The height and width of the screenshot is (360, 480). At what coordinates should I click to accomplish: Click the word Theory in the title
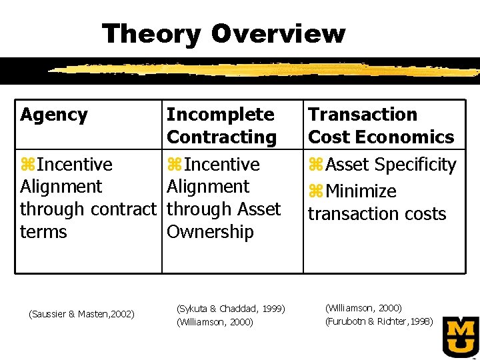point(151,34)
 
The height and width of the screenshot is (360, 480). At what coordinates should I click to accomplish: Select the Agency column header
point(54,115)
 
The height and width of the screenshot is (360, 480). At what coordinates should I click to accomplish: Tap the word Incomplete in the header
point(220,115)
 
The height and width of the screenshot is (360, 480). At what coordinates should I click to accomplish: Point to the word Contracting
point(221,137)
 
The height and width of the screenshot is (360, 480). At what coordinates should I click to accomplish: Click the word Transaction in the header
point(362,115)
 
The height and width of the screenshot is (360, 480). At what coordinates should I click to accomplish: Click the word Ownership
point(210,232)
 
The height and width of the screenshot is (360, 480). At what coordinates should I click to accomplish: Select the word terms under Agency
point(43,232)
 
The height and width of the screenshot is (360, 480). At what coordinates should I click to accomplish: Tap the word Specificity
point(415,165)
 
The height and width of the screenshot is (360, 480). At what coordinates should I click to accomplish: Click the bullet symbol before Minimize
point(315,192)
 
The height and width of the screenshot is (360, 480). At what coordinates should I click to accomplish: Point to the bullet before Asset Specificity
point(315,165)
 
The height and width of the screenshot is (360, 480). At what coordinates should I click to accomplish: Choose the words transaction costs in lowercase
point(377,214)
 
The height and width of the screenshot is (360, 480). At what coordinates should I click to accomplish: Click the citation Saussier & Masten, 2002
point(82,313)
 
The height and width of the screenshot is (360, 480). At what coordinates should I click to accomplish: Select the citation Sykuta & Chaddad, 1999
point(231,309)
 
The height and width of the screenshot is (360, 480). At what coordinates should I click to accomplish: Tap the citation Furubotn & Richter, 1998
point(379,321)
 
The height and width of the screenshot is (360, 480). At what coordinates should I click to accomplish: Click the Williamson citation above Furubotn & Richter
point(363,308)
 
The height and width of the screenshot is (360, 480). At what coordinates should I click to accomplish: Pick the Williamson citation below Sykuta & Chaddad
point(215,322)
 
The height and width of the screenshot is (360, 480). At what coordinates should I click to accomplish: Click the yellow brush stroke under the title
point(267,69)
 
